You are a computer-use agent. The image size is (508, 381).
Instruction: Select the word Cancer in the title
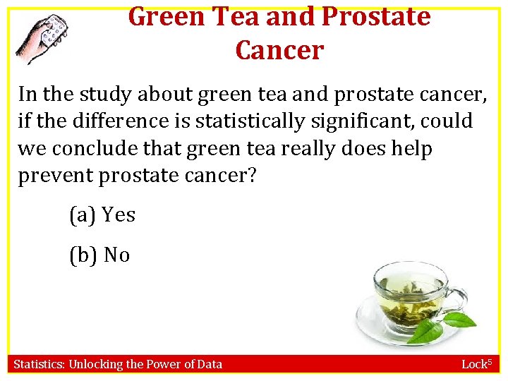[279, 50]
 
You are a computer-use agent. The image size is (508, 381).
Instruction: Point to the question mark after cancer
[252, 176]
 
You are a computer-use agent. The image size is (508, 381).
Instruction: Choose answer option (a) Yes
[102, 214]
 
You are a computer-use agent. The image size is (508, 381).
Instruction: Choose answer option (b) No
[99, 255]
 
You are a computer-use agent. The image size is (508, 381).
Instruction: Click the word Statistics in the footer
[39, 364]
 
